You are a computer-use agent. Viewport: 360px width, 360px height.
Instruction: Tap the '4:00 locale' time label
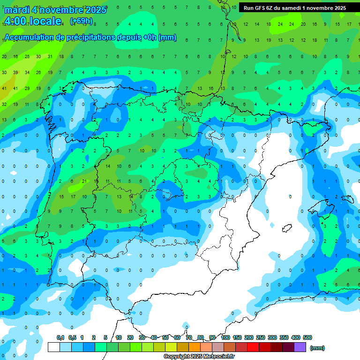click(33, 21)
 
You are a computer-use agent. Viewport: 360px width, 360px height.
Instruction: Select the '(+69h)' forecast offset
click(81, 21)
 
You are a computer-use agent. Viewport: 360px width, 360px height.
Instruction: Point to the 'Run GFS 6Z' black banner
click(294, 7)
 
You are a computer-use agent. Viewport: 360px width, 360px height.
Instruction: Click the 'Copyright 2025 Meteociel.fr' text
click(199, 357)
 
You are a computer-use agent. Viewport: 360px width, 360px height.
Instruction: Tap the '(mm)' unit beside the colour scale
click(317, 348)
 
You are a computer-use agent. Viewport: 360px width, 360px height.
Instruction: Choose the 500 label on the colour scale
click(307, 337)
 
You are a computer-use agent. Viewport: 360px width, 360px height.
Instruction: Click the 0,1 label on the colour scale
click(60, 337)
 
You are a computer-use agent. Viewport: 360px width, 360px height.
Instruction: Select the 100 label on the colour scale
click(225, 337)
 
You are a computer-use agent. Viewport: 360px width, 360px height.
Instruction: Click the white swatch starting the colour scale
click(54, 347)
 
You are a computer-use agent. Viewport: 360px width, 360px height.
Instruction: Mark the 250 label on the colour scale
click(261, 337)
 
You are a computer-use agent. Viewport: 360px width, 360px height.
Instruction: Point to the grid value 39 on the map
click(15, 73)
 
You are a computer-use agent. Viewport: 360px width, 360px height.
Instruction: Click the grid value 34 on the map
click(27, 73)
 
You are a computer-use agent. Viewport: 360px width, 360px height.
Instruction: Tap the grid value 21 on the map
click(84, 181)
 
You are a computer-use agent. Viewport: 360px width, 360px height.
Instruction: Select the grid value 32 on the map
click(4, 104)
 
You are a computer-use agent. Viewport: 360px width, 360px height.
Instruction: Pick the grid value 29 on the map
click(27, 88)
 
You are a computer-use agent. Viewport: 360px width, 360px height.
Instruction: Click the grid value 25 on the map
click(27, 57)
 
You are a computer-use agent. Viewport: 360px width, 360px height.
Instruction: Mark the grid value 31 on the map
click(50, 57)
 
